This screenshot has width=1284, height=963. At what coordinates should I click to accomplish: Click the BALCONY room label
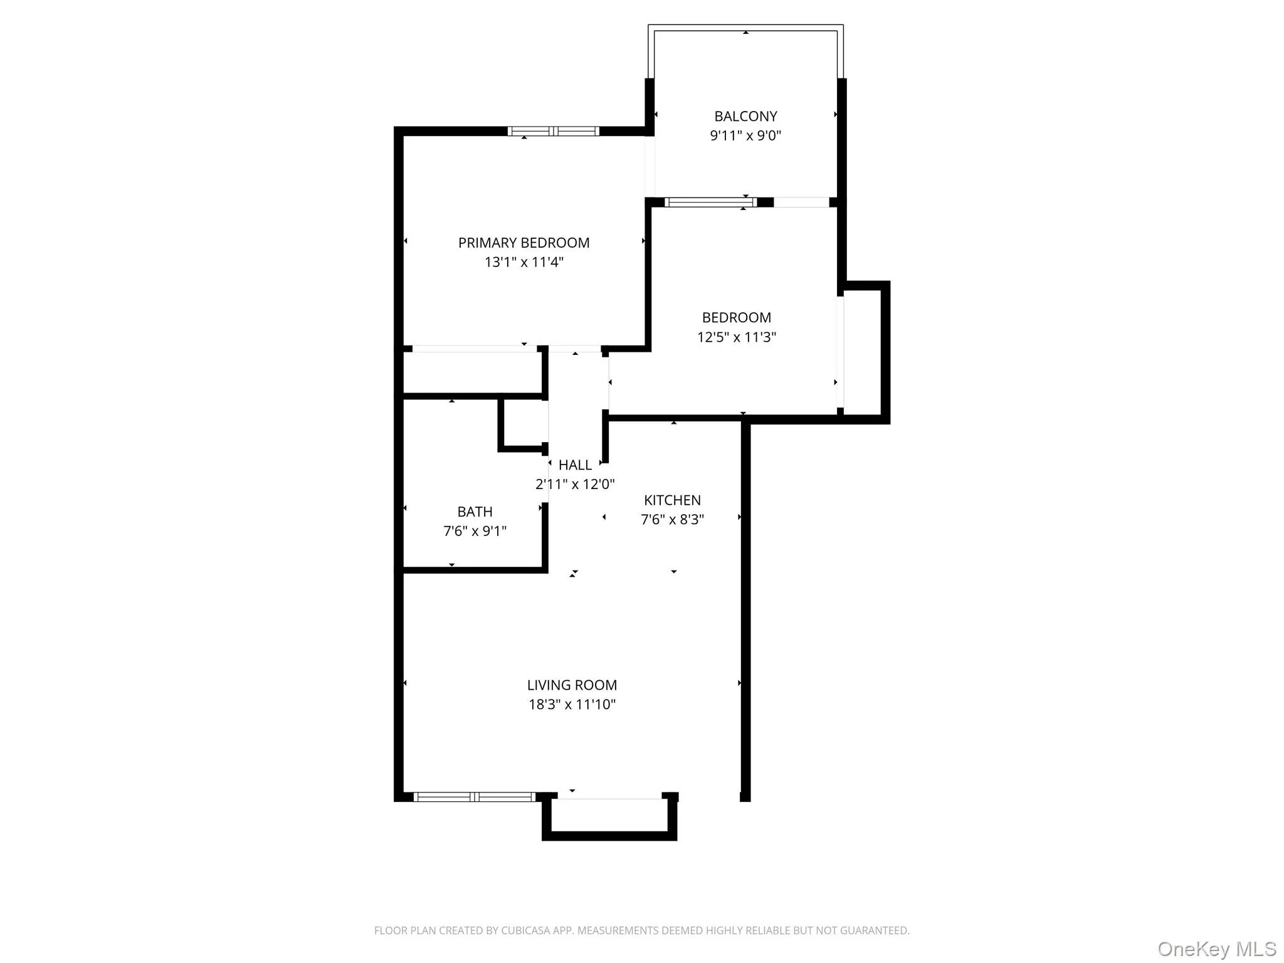745,116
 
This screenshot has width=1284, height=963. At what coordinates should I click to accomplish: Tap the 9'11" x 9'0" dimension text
745,135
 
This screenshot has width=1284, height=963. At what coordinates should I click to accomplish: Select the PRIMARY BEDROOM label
524,243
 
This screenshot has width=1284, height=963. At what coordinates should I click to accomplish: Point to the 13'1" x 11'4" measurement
524,262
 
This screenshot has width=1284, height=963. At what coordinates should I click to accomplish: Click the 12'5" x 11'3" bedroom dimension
737,337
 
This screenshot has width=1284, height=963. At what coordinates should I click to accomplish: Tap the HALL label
575,465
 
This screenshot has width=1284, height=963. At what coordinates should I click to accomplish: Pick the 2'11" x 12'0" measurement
575,485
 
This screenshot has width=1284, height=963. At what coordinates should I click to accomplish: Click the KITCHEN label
672,500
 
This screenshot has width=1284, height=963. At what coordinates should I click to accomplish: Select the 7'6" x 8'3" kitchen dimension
672,520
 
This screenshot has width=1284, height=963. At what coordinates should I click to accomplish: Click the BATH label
475,512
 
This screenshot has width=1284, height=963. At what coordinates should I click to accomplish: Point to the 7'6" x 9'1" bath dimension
475,531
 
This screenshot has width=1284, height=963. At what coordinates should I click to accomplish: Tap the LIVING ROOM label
572,685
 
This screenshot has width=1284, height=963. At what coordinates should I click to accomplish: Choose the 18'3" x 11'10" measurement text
572,705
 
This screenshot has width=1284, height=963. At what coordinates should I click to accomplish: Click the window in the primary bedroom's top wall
553,131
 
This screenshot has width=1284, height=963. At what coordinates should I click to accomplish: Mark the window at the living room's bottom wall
475,797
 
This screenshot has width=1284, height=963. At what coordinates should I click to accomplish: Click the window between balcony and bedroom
710,202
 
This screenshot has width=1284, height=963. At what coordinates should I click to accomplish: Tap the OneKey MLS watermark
1216,949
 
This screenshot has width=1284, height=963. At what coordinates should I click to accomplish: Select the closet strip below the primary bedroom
471,372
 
